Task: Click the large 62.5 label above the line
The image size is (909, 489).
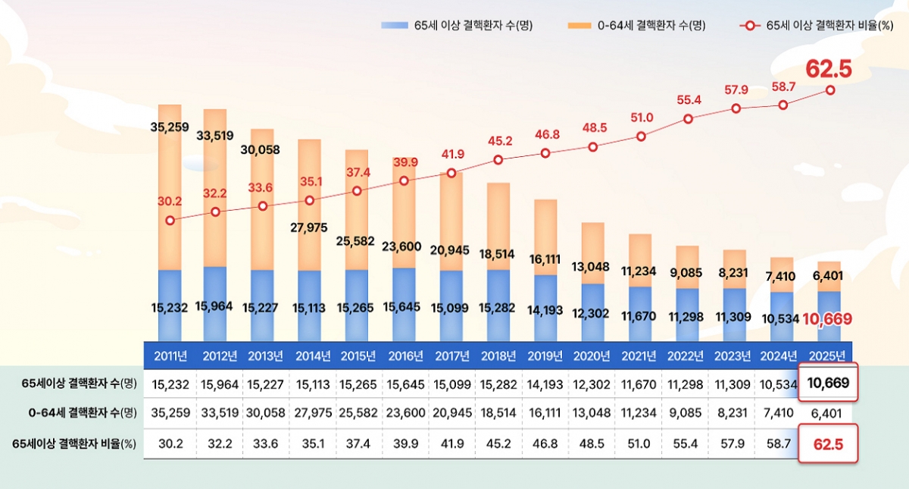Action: tap(828, 69)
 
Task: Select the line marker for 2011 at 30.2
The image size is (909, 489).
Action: tap(170, 220)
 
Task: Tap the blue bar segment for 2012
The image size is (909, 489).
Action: tap(215, 303)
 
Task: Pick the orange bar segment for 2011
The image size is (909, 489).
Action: tap(170, 190)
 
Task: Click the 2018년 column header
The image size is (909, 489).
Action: tap(498, 356)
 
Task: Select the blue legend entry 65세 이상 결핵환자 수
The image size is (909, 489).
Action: tap(458, 26)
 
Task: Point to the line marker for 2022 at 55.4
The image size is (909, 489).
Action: tap(689, 118)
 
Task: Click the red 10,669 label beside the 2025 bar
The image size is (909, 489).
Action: tap(827, 319)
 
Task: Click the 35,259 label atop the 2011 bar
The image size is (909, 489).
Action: tap(170, 127)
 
